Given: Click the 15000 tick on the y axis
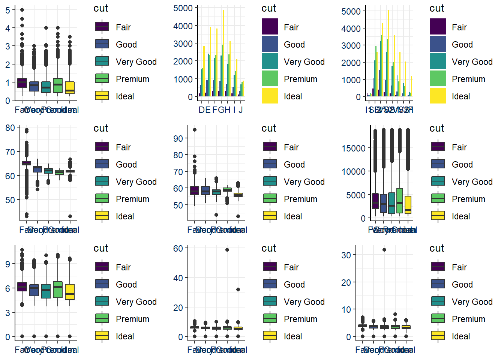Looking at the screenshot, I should (x=353, y=148).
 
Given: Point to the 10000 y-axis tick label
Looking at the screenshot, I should (x=353, y=172).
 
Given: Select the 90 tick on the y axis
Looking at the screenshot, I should (x=178, y=139).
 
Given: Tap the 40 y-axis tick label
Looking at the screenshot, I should (x=178, y=278).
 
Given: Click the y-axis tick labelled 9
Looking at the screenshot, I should (x=8, y=264).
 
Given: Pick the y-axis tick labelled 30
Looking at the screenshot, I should (x=346, y=255).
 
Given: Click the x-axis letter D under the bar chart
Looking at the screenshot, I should (x=202, y=110).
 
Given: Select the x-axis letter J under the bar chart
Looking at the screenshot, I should (x=241, y=110).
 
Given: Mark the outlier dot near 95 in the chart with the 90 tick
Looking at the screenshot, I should (x=195, y=130).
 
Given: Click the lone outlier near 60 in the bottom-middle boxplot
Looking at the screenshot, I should (x=227, y=250).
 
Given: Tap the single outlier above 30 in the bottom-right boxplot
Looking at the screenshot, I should (x=384, y=250).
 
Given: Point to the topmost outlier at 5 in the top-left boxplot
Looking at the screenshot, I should (x=22, y=10).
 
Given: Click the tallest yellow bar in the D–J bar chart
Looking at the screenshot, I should (x=223, y=52).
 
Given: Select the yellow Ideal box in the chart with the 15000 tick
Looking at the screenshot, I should (x=408, y=205).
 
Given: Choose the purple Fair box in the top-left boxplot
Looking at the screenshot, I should (x=22, y=83).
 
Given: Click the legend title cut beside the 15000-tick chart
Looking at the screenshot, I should (x=436, y=128).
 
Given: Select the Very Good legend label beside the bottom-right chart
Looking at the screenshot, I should (x=472, y=302).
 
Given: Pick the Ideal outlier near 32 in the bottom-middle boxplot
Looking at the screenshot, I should (x=238, y=289).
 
